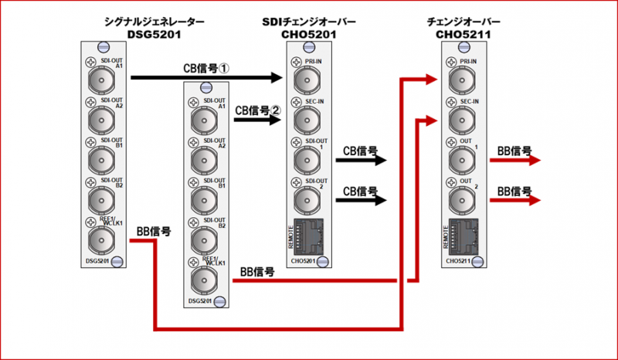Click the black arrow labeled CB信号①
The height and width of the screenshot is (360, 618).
pos(205,77)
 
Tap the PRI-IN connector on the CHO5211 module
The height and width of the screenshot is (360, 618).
pos(457,78)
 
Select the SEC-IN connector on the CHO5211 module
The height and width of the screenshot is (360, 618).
pos(457,118)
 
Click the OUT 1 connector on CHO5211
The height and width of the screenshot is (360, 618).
pos(457,158)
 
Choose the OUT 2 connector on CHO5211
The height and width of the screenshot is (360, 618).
pos(457,199)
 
